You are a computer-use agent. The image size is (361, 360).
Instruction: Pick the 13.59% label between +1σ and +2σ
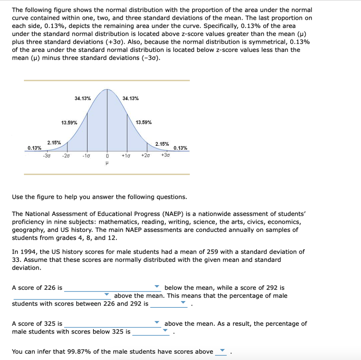(x=144, y=122)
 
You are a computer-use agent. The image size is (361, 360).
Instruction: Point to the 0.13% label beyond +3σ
(x=180, y=148)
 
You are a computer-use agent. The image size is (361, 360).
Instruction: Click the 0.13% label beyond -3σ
(x=34, y=148)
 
